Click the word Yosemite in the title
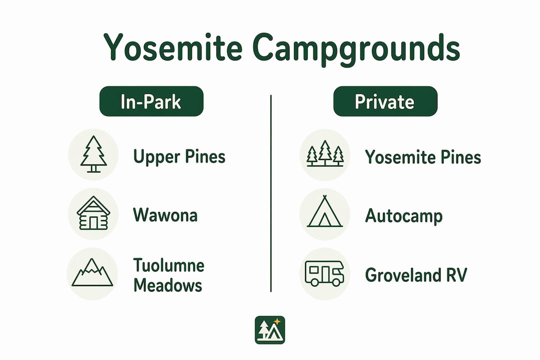coord(172,47)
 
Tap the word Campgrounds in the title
coord(356,49)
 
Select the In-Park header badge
coord(151,101)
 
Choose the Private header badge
coord(385,101)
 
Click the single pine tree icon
coord(93,154)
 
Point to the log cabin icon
coord(93,213)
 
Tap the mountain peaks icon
coord(92,273)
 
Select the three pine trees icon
coord(325,153)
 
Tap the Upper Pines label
coord(179,156)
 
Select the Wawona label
coord(165,215)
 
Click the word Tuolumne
coord(169,265)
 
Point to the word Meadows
coord(167,285)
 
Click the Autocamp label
coord(403,216)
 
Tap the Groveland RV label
coord(416,275)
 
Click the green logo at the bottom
coord(270,330)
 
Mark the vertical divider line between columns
coord(271,193)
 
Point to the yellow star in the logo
coord(277,321)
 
